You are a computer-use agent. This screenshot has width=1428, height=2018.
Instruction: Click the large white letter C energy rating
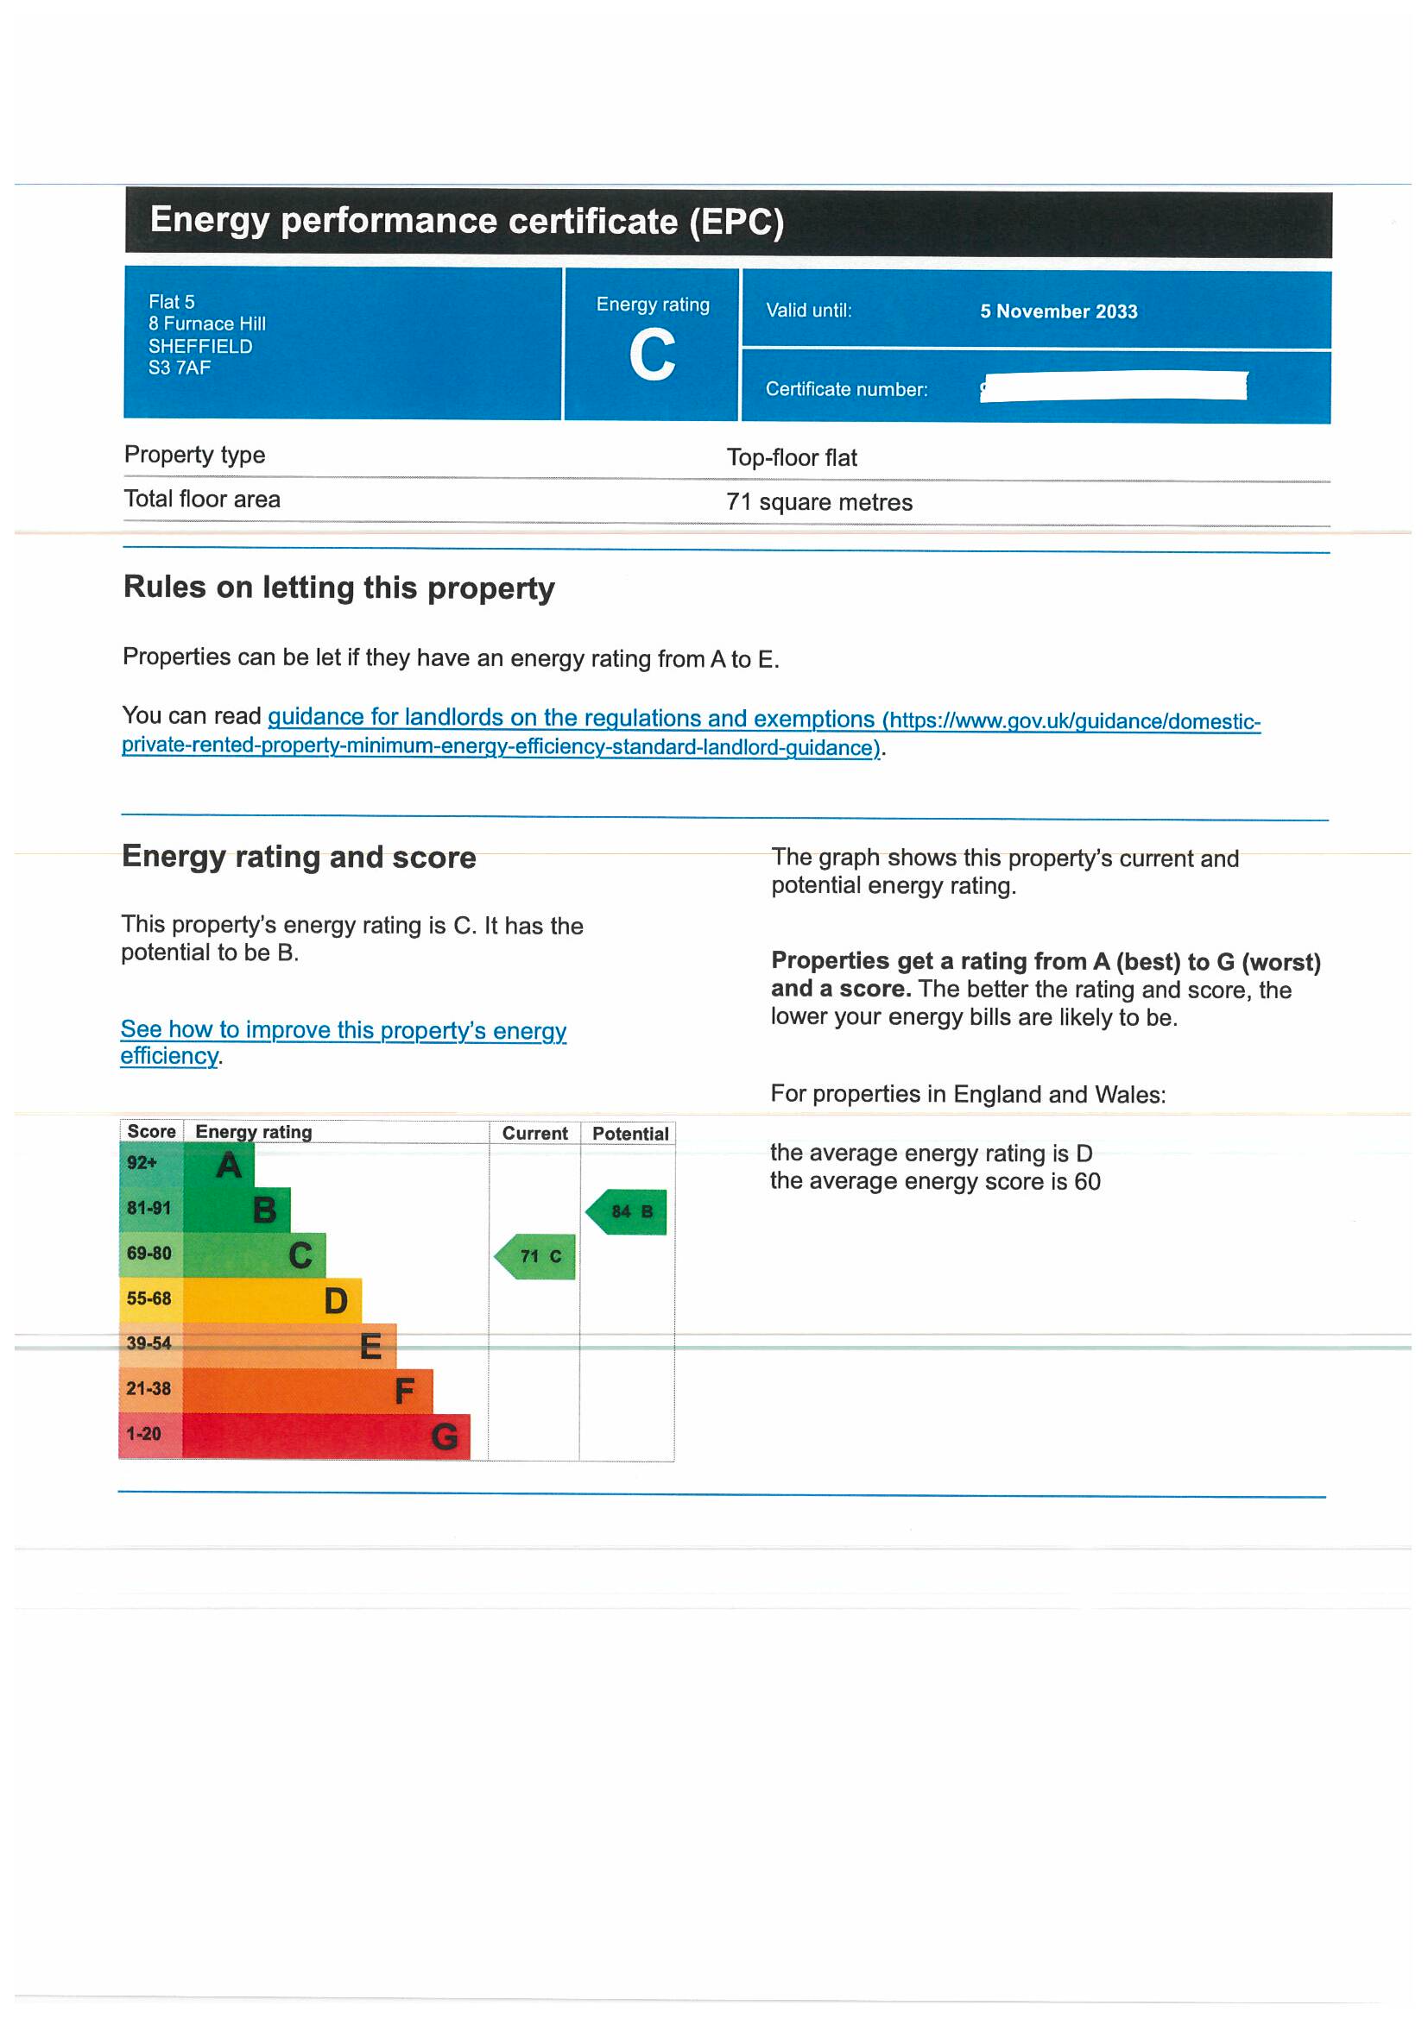652,355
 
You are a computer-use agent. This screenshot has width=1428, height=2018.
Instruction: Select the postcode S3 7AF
180,368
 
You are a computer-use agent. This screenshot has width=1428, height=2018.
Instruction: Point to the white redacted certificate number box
1113,387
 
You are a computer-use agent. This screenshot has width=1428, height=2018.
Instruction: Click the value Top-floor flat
792,458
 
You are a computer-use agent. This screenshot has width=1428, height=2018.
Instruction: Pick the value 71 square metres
818,502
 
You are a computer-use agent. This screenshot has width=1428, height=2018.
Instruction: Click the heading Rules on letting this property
338,588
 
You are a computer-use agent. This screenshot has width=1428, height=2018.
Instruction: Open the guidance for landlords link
572,718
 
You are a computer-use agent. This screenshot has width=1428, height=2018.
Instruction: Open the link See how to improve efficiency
343,1030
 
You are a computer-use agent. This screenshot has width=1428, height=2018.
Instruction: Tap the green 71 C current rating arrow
535,1256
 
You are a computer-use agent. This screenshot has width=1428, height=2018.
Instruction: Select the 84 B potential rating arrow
627,1211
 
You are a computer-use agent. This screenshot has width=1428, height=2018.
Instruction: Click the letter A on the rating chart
229,1166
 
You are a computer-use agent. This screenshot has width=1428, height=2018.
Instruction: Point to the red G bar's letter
444,1436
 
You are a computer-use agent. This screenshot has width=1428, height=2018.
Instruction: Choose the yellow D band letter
335,1301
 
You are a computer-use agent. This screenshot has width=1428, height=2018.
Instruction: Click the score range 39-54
148,1343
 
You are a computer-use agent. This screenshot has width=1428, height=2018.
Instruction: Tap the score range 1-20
143,1434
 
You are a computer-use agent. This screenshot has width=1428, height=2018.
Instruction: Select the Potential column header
629,1134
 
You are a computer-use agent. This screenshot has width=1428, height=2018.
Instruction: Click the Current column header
534,1133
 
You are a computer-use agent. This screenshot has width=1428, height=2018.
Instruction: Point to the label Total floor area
202,500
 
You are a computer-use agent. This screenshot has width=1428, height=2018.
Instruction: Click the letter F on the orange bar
404,1391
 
